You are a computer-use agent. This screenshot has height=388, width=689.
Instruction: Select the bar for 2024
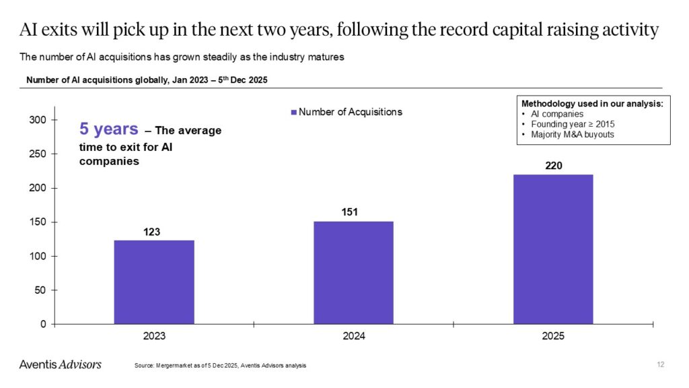pos(353,272)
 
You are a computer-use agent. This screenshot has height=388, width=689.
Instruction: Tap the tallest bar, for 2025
pos(552,249)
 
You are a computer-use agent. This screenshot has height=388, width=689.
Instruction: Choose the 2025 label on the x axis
pos(552,336)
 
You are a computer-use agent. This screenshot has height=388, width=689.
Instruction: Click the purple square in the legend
pos(293,112)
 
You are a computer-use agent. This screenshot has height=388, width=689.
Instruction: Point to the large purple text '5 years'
pos(109,129)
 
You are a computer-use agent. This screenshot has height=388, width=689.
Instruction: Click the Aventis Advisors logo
pos(60,364)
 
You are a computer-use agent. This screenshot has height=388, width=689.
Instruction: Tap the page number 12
pos(660,364)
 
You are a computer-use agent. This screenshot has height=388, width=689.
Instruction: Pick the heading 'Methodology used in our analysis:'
pos(592,104)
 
